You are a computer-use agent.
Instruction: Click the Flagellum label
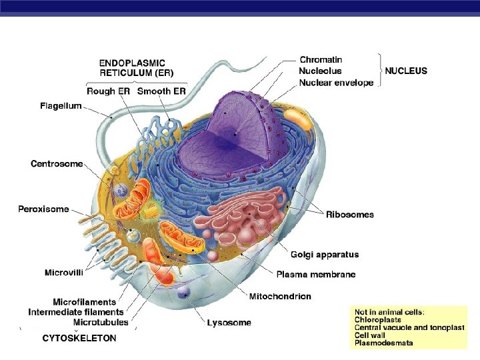60,105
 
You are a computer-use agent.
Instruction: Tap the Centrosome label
57,163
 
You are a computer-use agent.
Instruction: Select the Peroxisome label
43,209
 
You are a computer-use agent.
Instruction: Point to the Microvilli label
63,272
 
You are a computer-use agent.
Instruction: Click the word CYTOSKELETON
79,338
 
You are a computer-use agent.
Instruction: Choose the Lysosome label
229,323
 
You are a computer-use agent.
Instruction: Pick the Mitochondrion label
280,296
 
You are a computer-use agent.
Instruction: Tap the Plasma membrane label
315,274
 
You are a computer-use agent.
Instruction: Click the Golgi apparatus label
325,254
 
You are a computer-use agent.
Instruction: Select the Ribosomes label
349,215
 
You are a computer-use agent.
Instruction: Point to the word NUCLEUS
406,71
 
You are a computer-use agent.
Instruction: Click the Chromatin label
321,59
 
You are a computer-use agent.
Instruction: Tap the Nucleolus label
320,71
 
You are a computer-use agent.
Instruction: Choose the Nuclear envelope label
336,83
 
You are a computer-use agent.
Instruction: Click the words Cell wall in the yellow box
371,335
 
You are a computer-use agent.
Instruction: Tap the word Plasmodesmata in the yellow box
383,343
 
